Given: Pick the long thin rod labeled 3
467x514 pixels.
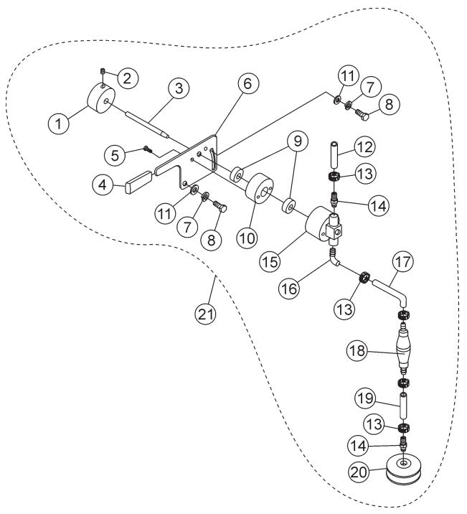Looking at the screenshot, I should [x=146, y=120].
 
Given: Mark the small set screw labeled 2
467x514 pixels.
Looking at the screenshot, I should [x=103, y=71].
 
